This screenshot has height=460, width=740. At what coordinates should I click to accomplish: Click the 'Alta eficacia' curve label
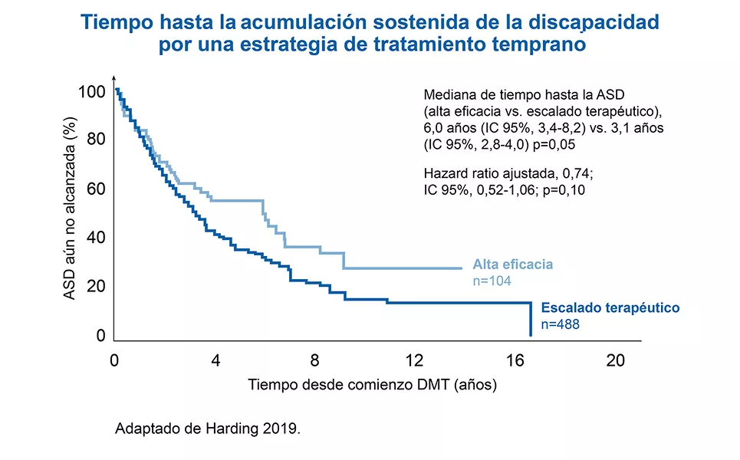[x=512, y=264]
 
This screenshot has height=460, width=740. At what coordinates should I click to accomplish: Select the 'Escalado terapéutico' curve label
[x=610, y=307]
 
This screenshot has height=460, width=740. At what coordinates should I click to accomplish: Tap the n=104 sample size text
[x=492, y=281]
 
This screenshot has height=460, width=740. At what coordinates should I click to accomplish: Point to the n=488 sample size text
[x=560, y=324]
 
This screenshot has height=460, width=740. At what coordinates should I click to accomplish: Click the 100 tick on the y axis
[x=90, y=92]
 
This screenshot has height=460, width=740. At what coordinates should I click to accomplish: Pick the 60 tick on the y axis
[x=95, y=189]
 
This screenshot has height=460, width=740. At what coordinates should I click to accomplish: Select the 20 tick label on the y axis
[x=95, y=287]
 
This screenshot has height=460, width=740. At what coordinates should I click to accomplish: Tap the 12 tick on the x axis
[x=414, y=361]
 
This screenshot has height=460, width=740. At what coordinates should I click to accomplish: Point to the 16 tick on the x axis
[x=515, y=361]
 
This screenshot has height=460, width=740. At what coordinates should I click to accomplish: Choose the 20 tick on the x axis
[x=615, y=361]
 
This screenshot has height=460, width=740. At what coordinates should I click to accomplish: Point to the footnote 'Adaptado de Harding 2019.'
[x=207, y=429]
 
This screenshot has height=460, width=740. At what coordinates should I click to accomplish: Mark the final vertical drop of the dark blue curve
[x=531, y=319]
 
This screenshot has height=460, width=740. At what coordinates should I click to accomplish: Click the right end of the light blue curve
[x=462, y=268]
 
